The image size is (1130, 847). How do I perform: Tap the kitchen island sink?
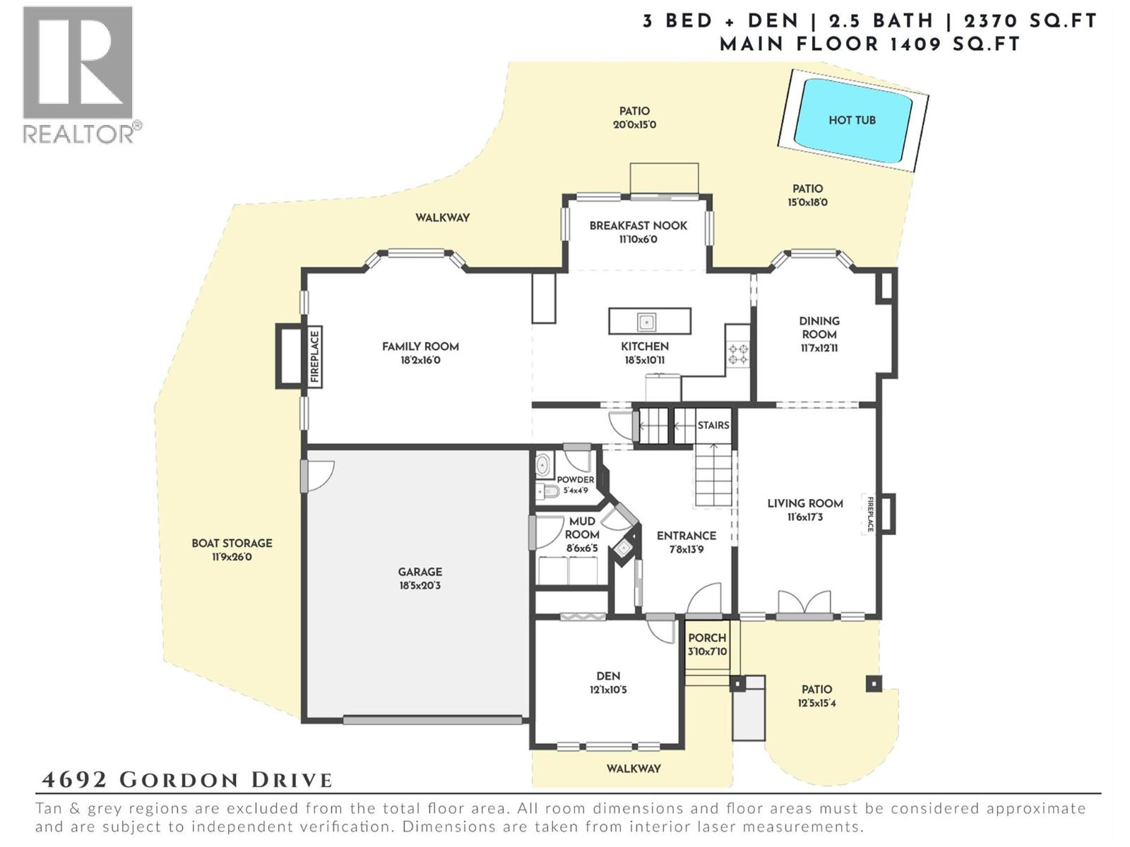pyautogui.click(x=646, y=322)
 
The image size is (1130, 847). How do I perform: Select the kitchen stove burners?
pyautogui.click(x=739, y=354)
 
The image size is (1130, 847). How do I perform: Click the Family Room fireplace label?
pyautogui.click(x=315, y=356)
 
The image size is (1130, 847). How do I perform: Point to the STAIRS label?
pyautogui.click(x=713, y=425)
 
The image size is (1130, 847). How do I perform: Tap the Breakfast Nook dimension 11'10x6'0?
pyautogui.click(x=638, y=239)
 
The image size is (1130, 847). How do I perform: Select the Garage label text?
pyautogui.click(x=420, y=572)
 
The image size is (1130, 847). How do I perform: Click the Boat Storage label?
pyautogui.click(x=232, y=543)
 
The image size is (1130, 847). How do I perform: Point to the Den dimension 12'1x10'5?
pyautogui.click(x=608, y=690)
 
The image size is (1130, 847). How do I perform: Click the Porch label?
pyautogui.click(x=707, y=637)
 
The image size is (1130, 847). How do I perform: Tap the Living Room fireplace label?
pyautogui.click(x=870, y=515)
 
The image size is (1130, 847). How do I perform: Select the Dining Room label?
pyautogui.click(x=819, y=328)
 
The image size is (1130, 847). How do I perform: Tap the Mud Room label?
pyautogui.click(x=582, y=528)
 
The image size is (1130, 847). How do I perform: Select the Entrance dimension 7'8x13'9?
pyautogui.click(x=686, y=549)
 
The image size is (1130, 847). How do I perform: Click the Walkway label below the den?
pyautogui.click(x=634, y=768)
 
